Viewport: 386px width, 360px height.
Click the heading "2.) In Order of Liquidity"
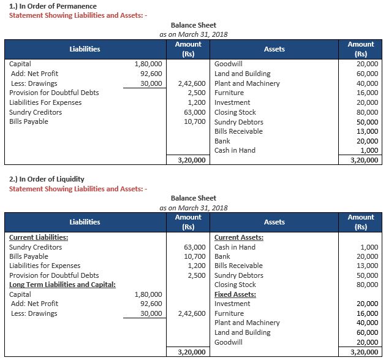coord(47,179)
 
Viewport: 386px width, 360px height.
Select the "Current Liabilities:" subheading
coord(39,237)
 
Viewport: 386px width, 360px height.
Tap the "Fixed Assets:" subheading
coord(235,294)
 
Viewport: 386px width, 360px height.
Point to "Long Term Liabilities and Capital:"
coord(62,285)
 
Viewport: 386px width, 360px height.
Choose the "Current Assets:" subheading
coord(239,237)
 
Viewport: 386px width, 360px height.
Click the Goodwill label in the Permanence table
coord(229,64)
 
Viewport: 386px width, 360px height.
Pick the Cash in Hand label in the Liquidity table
coord(235,247)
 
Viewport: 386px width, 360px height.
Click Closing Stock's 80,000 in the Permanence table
coord(368,112)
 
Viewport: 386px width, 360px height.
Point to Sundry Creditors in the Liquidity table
coord(36,247)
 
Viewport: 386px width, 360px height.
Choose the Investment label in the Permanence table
coord(232,102)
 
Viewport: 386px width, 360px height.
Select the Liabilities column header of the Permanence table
coord(85,49)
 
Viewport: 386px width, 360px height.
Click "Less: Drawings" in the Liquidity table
coord(34,313)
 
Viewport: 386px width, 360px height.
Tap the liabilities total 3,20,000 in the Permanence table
coord(190,161)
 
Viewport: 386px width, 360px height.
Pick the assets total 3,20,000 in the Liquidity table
coord(363,352)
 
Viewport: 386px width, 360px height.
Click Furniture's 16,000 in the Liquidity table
coord(368,313)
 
